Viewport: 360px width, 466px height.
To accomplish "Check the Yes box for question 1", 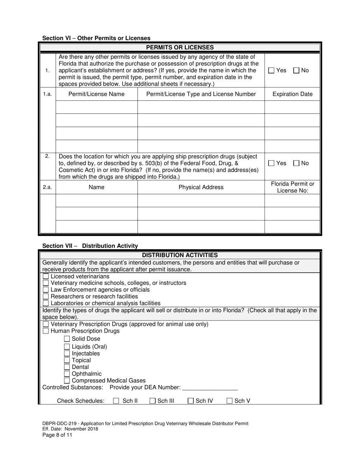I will (x=271, y=70).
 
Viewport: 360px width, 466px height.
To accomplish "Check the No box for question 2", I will (x=296, y=163).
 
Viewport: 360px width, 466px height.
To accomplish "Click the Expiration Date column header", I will (x=292, y=94).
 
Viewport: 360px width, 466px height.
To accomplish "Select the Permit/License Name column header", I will (x=96, y=94).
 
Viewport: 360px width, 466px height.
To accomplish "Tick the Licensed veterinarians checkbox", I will (x=46, y=277).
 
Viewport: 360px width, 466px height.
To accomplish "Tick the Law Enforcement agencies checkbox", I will (x=46, y=290).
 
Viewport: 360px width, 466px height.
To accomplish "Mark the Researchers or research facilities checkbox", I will (x=46, y=297).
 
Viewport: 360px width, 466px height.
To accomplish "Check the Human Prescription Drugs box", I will (x=46, y=331).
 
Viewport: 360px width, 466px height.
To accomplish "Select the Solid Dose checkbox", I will (x=67, y=339).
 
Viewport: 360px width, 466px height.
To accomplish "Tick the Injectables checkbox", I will (x=67, y=353).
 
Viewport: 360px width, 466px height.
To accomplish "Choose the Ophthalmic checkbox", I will (x=67, y=374).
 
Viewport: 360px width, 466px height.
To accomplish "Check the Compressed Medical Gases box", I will (x=67, y=381).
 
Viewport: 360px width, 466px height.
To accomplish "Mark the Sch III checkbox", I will (x=152, y=401).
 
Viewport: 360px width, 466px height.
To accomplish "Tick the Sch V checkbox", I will (x=229, y=401).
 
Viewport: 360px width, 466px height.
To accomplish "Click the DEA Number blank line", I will (x=210, y=388).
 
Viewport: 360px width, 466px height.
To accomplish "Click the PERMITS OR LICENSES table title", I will (x=180, y=47).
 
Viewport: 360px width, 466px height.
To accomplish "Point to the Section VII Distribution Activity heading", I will (x=90, y=246).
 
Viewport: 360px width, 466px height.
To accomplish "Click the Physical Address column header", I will (x=201, y=187).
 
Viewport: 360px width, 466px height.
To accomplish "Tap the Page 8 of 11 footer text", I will (x=57, y=435).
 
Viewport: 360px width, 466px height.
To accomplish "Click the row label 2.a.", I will (x=47, y=187).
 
